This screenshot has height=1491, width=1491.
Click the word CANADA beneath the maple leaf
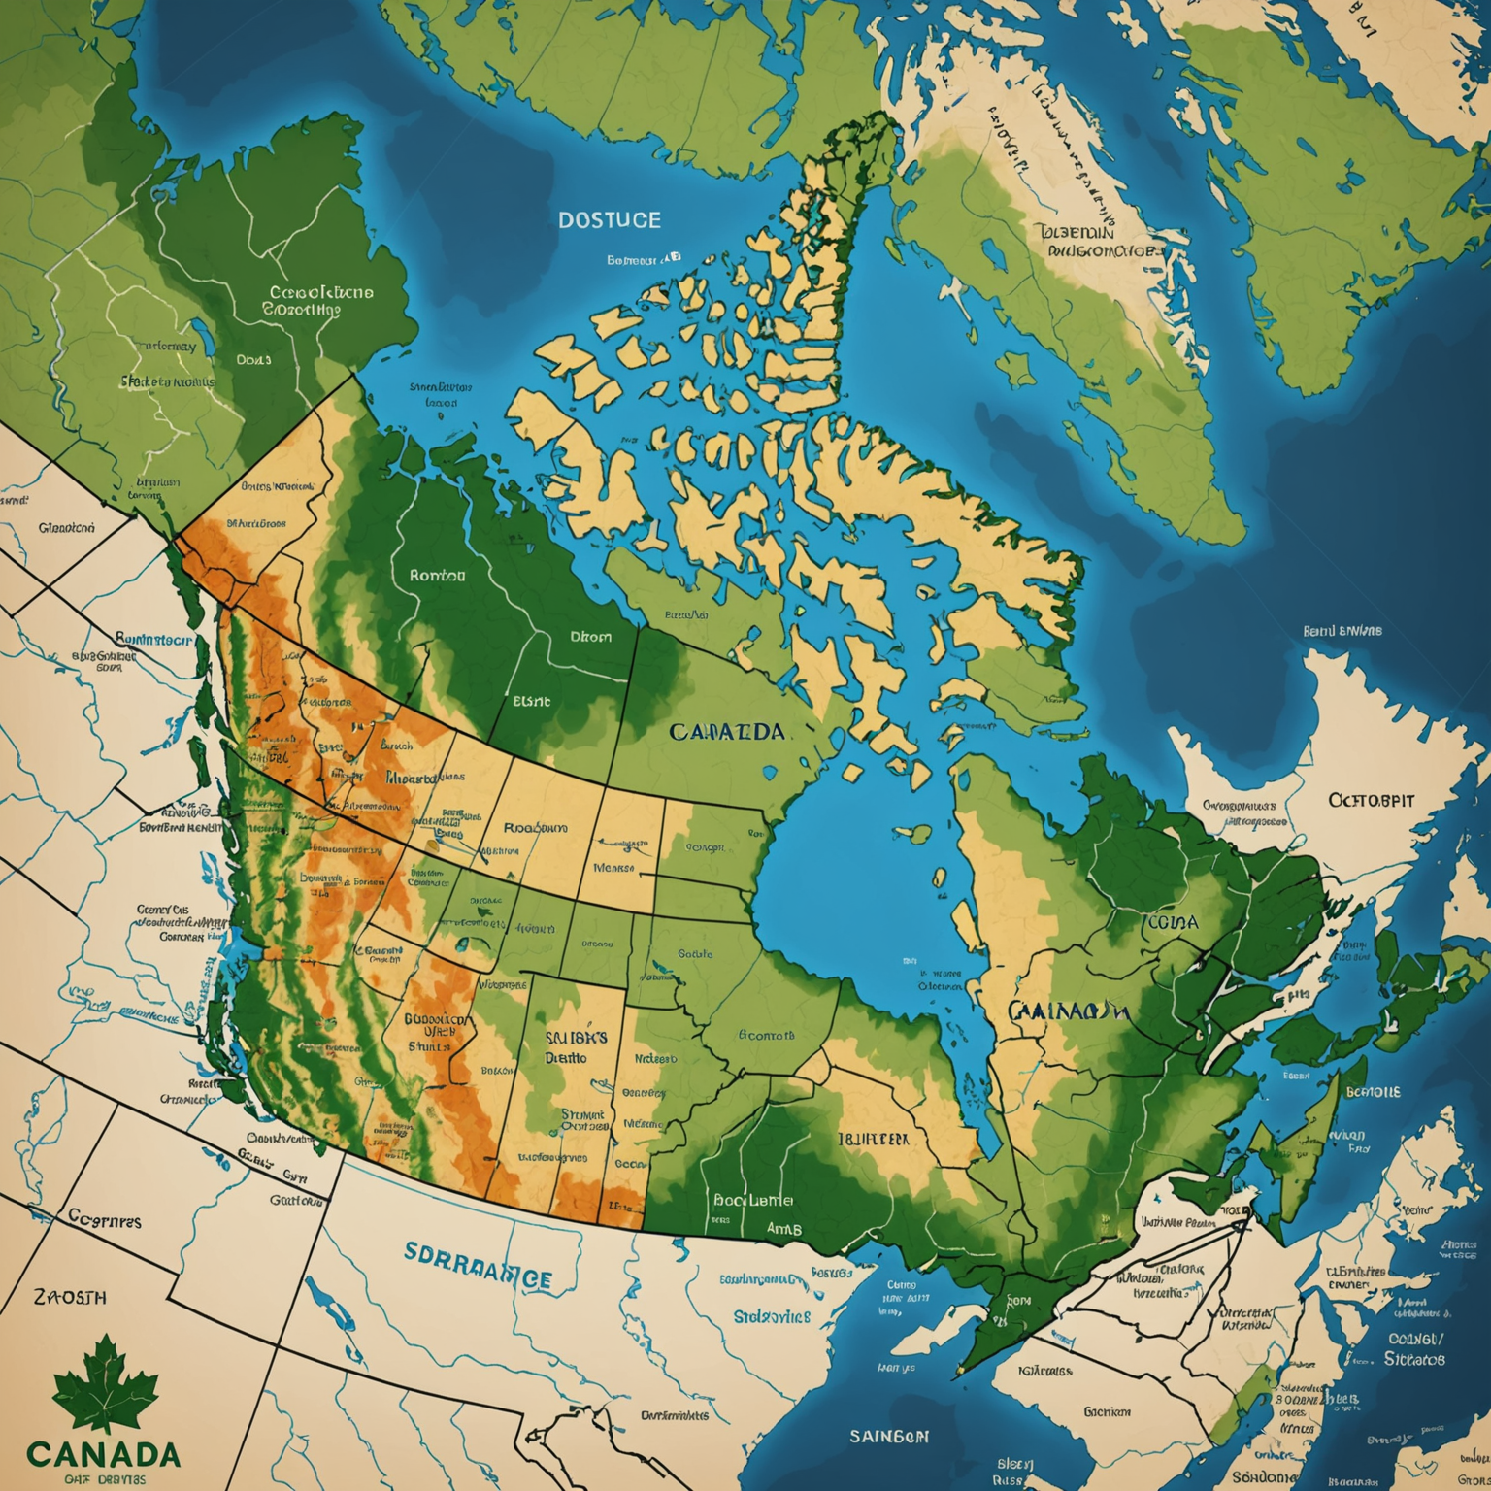[x=103, y=1454]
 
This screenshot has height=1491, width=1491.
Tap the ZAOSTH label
[x=70, y=1297]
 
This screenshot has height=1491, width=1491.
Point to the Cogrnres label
[x=105, y=1219]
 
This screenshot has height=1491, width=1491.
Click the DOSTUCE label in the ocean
[x=610, y=220]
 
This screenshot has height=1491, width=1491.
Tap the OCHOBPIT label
[x=1371, y=801]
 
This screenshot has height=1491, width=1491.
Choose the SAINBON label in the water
[x=889, y=1436]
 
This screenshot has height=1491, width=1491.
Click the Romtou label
[x=437, y=575]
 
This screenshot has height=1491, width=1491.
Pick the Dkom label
[x=590, y=637]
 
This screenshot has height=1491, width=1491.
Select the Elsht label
[x=531, y=700]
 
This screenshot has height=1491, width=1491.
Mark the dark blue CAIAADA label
[x=726, y=731]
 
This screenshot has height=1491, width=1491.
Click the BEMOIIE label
[x=1373, y=1091]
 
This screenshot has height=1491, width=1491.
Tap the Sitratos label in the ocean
[x=1414, y=1359]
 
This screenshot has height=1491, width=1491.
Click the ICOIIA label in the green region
[x=1171, y=922]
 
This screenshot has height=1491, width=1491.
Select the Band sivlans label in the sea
[x=1342, y=630]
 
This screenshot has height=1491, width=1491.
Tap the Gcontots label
[x=767, y=1035]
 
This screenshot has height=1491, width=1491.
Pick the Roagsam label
[x=535, y=829]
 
